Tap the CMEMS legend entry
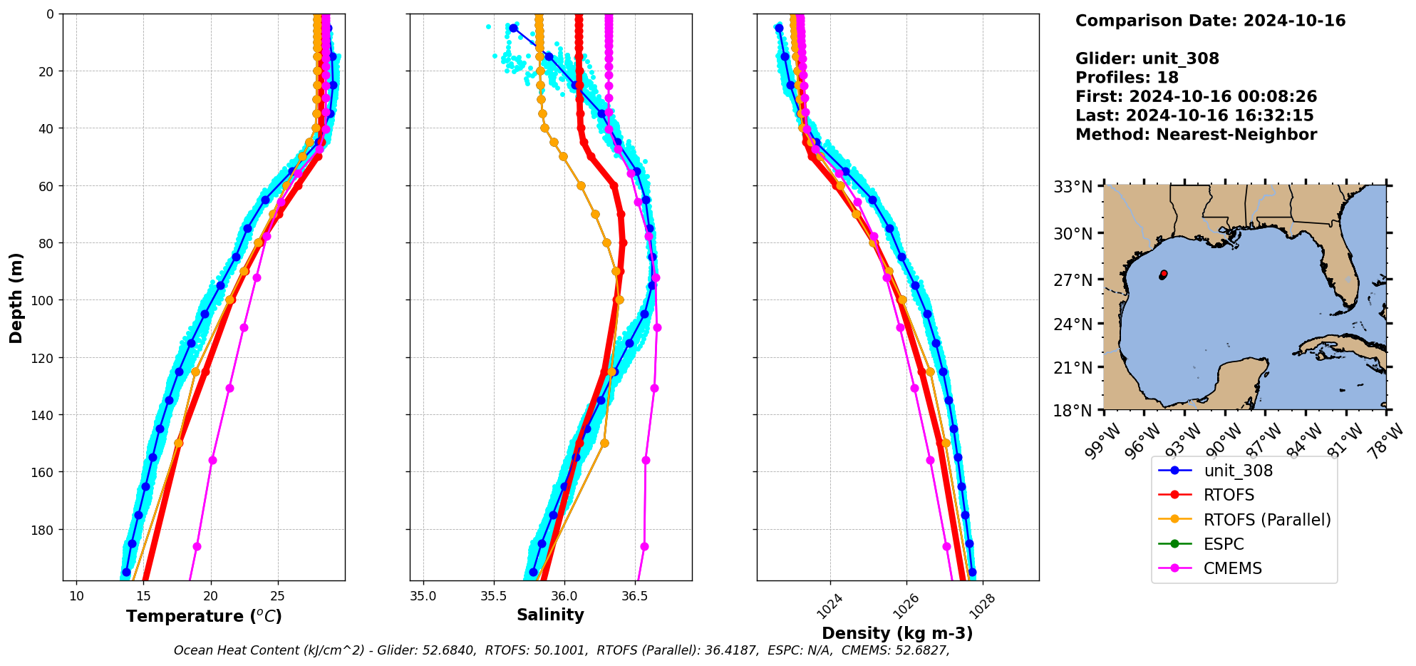[x=1232, y=568]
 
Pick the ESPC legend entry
[x=1223, y=544]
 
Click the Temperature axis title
[x=204, y=616]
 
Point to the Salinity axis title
[x=550, y=615]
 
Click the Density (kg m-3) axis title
[x=897, y=633]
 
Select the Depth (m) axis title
[x=16, y=297]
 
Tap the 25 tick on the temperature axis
[x=278, y=596]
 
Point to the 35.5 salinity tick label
[x=494, y=595]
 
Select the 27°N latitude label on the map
[x=1073, y=280]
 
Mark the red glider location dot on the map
[x=1164, y=274]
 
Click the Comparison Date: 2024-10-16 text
[x=1210, y=21]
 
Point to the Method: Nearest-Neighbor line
[x=1196, y=135]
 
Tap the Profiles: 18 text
[x=1127, y=78]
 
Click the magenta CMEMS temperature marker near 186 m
[x=197, y=546]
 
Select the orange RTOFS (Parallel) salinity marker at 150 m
[x=604, y=443]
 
